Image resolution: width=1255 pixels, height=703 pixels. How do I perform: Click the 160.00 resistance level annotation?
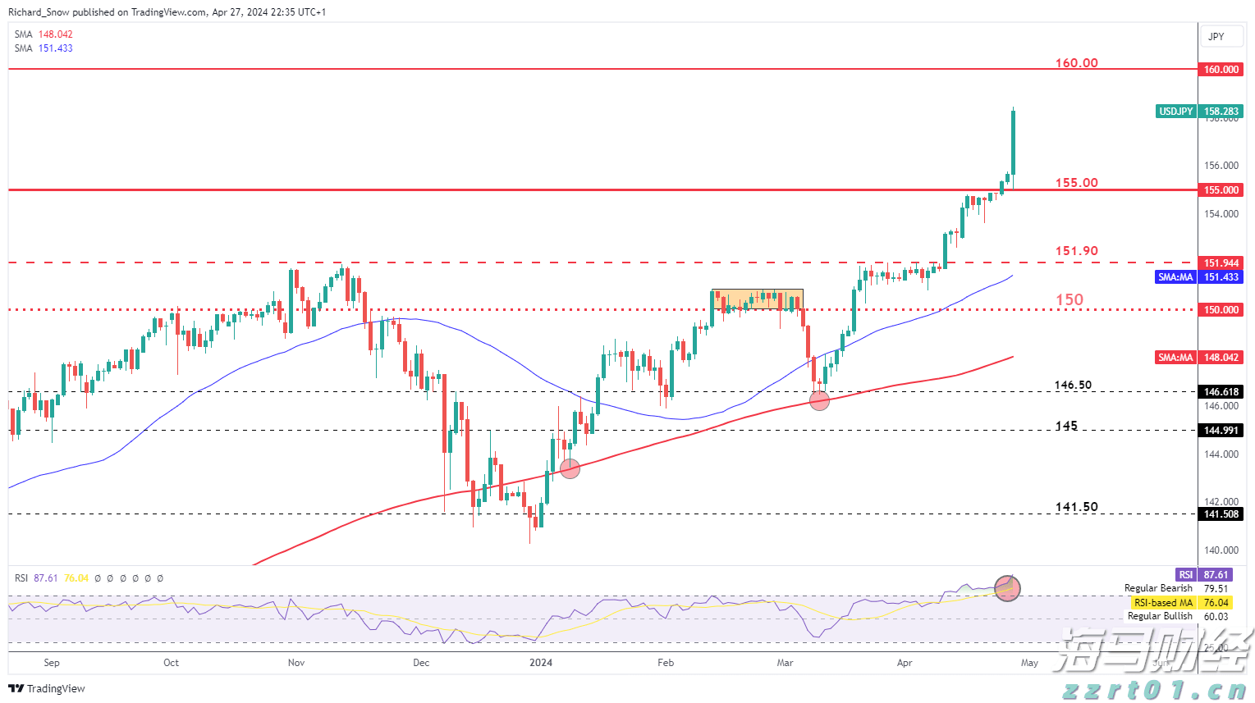tap(1076, 63)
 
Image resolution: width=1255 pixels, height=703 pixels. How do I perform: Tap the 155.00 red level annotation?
tap(1076, 183)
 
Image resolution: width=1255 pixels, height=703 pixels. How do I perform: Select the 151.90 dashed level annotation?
tap(1076, 251)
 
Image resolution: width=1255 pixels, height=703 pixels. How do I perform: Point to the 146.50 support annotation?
tap(1073, 385)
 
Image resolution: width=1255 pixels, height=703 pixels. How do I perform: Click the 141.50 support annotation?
tap(1076, 507)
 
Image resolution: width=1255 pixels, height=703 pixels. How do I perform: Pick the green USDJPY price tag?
tap(1175, 112)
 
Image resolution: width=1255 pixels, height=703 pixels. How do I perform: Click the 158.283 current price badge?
tap(1221, 112)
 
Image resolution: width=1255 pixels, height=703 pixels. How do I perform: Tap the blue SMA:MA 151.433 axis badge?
tap(1198, 277)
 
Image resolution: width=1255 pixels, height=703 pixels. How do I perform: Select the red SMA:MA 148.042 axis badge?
tap(1198, 358)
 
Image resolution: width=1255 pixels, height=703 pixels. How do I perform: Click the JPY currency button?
tap(1216, 36)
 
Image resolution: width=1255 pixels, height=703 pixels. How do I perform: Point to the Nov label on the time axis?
tap(296, 663)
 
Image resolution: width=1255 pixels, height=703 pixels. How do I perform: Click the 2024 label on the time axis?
tap(541, 663)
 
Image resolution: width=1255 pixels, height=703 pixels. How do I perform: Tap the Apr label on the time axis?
tap(905, 663)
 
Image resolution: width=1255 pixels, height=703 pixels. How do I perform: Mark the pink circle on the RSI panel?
tap(1007, 587)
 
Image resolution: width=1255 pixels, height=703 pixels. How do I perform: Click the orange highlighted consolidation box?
tap(757, 299)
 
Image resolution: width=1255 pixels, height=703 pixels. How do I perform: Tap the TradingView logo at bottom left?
tap(47, 688)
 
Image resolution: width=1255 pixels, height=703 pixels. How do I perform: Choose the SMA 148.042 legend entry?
tap(44, 34)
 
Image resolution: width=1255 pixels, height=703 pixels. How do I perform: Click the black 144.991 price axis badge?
tap(1221, 431)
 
